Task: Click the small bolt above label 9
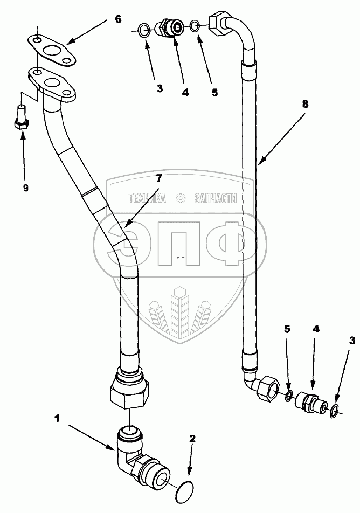coord(21,117)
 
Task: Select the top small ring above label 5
coord(195,25)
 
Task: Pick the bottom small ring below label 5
coord(289,397)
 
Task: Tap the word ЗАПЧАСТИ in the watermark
coord(215,199)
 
